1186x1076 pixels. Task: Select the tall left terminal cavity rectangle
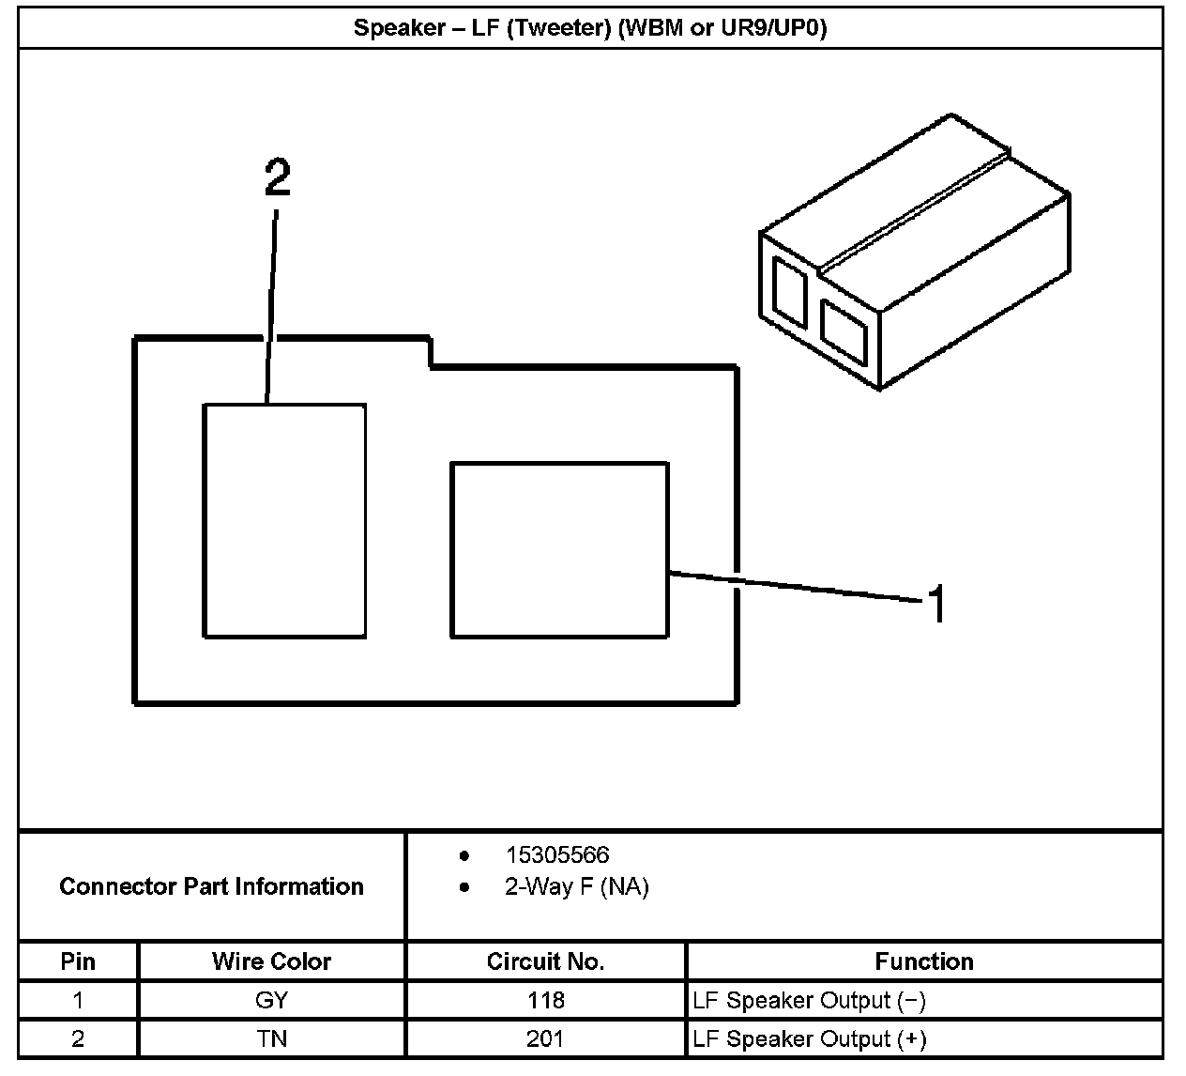pyautogui.click(x=284, y=521)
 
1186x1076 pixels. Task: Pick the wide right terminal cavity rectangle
pyautogui.click(x=559, y=550)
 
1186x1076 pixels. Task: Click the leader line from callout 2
pyautogui.click(x=271, y=310)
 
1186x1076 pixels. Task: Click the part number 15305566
pyautogui.click(x=556, y=855)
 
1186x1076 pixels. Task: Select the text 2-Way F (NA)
pyautogui.click(x=576, y=887)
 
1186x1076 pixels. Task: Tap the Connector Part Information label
pyautogui.click(x=211, y=886)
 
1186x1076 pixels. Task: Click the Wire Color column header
pyautogui.click(x=271, y=961)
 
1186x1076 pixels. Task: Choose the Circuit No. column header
pyautogui.click(x=545, y=961)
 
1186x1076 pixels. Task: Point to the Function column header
pyautogui.click(x=923, y=961)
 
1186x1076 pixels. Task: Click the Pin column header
pyautogui.click(x=78, y=961)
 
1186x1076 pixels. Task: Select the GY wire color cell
pyautogui.click(x=271, y=1001)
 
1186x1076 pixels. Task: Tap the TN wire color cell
pyautogui.click(x=271, y=1039)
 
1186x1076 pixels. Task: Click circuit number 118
pyautogui.click(x=545, y=1001)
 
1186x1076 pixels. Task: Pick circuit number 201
pyautogui.click(x=545, y=1039)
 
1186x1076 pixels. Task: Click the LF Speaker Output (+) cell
pyautogui.click(x=809, y=1039)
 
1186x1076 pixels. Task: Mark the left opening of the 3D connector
pyautogui.click(x=789, y=291)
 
